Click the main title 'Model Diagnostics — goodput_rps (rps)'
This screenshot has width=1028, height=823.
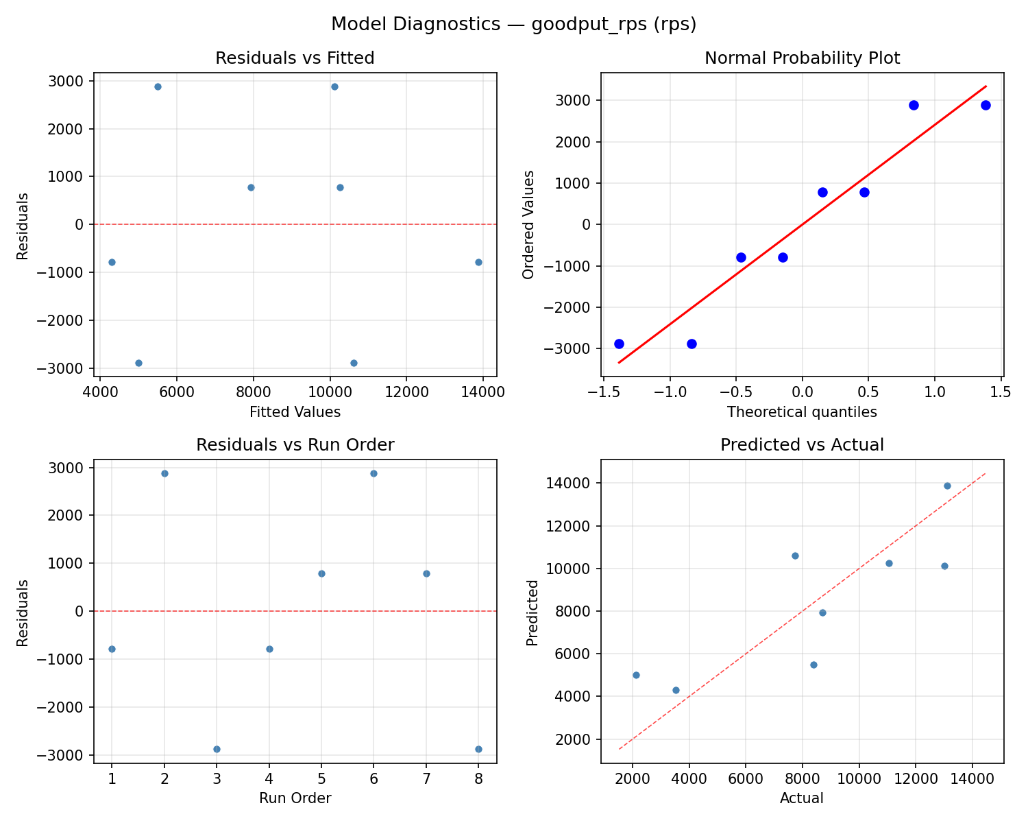coord(513,24)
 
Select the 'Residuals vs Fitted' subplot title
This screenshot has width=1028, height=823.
coord(295,58)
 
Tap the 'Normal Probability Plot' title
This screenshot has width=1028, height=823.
coord(802,58)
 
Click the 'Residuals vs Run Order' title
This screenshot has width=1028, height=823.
coord(295,445)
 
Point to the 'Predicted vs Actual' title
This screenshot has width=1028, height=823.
coord(802,445)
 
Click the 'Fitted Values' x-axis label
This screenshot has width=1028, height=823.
coord(295,412)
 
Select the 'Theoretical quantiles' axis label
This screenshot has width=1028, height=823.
coord(802,412)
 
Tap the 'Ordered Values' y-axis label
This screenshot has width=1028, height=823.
coord(528,224)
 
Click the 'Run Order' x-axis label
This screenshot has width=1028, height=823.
coord(295,798)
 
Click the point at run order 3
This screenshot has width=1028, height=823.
coord(217,749)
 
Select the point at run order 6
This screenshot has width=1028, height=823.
coord(374,473)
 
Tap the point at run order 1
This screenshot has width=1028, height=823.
coord(112,649)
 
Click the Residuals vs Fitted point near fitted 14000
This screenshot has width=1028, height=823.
coord(478,262)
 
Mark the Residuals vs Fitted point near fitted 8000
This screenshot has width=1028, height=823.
coord(251,187)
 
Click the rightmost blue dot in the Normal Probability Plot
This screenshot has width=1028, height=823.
coord(986,105)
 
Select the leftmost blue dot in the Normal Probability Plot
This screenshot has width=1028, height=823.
coord(619,344)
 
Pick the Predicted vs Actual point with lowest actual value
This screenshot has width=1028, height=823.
coord(636,675)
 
